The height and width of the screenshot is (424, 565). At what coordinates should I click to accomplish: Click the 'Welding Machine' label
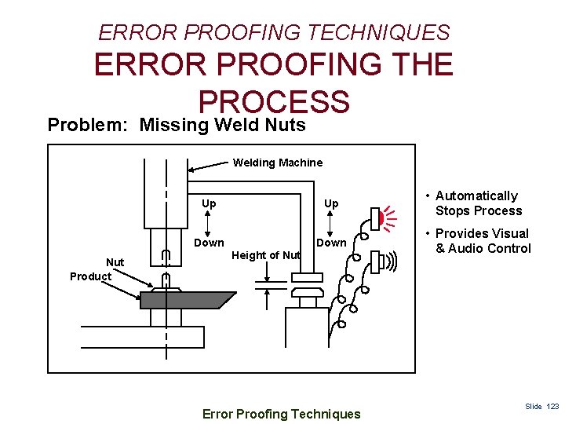(x=277, y=163)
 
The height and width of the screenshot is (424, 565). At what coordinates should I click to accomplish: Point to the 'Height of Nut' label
(x=267, y=255)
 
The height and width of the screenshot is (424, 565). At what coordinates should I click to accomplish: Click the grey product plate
(x=188, y=300)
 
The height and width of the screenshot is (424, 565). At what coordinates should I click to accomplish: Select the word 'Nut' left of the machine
(x=115, y=262)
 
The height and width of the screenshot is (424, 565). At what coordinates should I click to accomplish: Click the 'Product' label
(x=90, y=276)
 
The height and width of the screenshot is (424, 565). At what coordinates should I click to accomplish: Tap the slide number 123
(x=553, y=407)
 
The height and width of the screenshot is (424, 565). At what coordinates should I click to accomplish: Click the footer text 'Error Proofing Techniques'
(x=281, y=414)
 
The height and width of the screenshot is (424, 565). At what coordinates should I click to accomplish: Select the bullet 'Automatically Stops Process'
(x=477, y=203)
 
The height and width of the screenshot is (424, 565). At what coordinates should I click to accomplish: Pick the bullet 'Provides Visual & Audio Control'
(x=482, y=241)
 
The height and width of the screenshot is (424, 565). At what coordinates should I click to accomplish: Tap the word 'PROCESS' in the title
(x=273, y=102)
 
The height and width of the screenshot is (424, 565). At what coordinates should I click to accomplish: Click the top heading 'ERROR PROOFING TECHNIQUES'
(x=274, y=32)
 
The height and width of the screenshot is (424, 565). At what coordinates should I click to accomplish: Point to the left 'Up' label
(x=209, y=203)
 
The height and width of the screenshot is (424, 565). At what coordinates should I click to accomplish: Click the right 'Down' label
(x=330, y=243)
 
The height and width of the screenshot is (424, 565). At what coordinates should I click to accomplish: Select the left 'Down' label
(x=209, y=243)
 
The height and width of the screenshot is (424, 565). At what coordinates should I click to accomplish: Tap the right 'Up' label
(x=331, y=203)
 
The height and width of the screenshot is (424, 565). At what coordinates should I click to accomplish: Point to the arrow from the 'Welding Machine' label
(x=207, y=165)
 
